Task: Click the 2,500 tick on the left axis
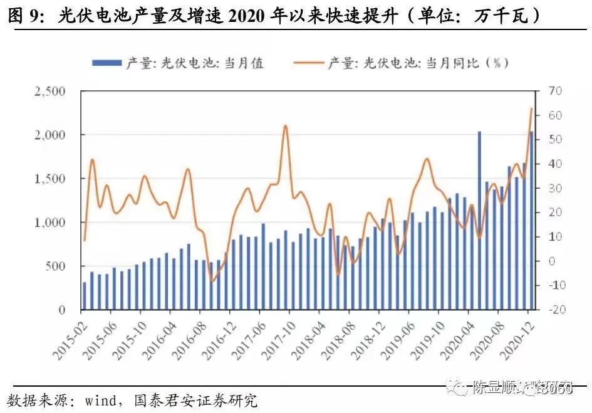tap(49, 91)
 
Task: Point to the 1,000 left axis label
tap(49, 223)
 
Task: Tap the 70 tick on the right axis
tap(555, 91)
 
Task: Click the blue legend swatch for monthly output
tap(107, 63)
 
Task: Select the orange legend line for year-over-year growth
tap(307, 63)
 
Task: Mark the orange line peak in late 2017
tap(286, 125)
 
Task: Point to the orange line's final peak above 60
tap(531, 108)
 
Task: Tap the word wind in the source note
tap(100, 399)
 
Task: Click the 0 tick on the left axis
tap(61, 310)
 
